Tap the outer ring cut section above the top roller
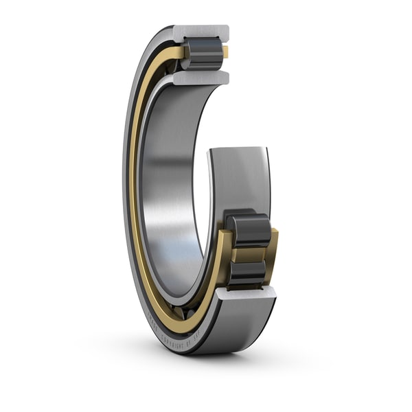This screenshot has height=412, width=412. [x=201, y=32]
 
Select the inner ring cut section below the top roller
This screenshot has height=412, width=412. [x=201, y=78]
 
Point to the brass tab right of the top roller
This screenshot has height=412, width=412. [x=225, y=52]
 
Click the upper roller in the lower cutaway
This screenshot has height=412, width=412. [x=249, y=229]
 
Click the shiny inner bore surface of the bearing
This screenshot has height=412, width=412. [x=168, y=185]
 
